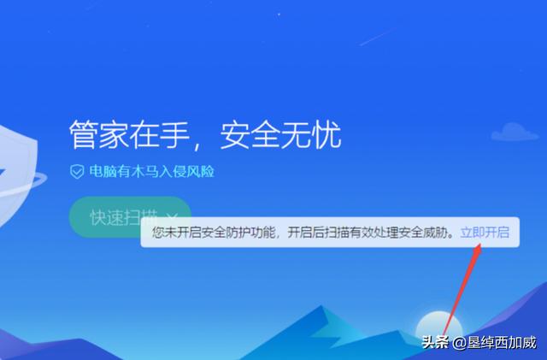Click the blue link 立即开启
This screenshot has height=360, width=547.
point(485,233)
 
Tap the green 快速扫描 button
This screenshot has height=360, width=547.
point(130,216)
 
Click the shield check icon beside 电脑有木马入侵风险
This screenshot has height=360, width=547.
point(77,171)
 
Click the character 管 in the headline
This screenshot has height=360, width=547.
point(84,134)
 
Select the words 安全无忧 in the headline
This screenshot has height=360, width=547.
point(280,134)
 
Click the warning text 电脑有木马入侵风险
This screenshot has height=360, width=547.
point(152,171)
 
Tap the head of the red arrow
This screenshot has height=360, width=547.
point(478,249)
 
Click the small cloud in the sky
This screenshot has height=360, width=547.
point(515,132)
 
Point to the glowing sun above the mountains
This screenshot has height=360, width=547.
point(438,325)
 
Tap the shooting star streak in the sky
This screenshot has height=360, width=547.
point(377,37)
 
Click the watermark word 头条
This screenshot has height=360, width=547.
point(435,342)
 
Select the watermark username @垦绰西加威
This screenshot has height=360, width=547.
point(494,342)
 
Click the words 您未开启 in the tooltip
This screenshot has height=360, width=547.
point(171,233)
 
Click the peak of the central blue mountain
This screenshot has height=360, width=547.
point(321,306)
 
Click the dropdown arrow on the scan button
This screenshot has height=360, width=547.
point(173,217)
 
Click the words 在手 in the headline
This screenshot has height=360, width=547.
point(160,134)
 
